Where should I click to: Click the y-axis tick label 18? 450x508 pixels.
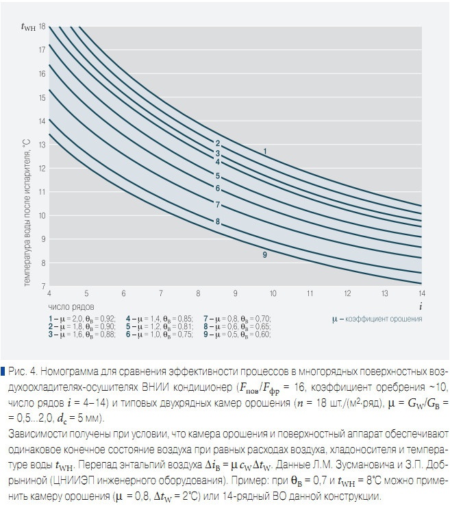(x=42, y=26)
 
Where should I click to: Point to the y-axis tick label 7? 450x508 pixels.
(x=43, y=286)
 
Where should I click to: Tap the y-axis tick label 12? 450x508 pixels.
(x=42, y=168)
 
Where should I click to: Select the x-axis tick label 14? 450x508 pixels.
(x=419, y=293)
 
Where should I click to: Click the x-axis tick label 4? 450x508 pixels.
(x=49, y=293)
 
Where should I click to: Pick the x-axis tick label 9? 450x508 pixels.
(x=235, y=293)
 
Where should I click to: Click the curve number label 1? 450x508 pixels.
(x=264, y=150)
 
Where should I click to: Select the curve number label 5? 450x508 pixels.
(x=217, y=176)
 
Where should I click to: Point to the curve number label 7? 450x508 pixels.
(x=217, y=204)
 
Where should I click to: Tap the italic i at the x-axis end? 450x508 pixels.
(x=419, y=303)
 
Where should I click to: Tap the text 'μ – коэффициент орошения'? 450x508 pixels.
(x=375, y=319)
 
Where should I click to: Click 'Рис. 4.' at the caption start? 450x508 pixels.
(x=23, y=371)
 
